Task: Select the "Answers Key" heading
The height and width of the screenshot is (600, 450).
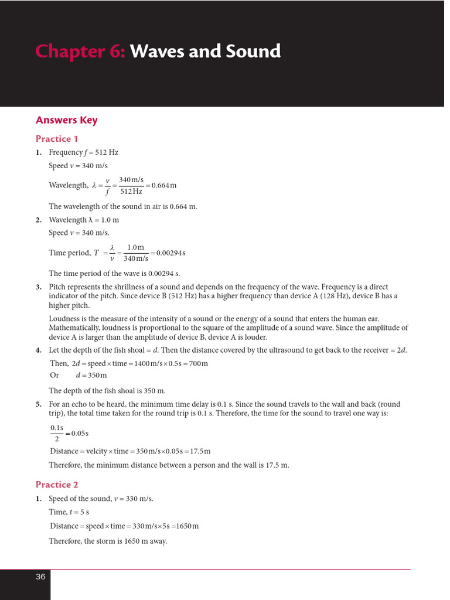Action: click(66, 120)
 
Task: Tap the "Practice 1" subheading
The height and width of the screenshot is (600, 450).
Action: click(57, 139)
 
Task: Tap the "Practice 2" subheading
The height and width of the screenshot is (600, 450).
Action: click(57, 485)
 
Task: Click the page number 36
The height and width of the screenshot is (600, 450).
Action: click(40, 577)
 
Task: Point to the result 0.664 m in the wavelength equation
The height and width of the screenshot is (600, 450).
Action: click(163, 186)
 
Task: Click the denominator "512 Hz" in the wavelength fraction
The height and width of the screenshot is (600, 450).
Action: click(131, 192)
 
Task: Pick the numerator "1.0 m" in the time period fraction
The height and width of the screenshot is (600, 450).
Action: click(135, 247)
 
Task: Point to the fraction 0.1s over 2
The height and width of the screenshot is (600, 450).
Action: click(57, 434)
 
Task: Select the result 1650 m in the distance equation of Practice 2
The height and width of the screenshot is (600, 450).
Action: click(187, 526)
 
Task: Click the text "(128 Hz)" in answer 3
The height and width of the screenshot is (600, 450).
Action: click(347, 296)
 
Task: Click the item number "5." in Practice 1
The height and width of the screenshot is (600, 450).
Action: click(39, 404)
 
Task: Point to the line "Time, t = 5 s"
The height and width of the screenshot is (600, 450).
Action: click(69, 512)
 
